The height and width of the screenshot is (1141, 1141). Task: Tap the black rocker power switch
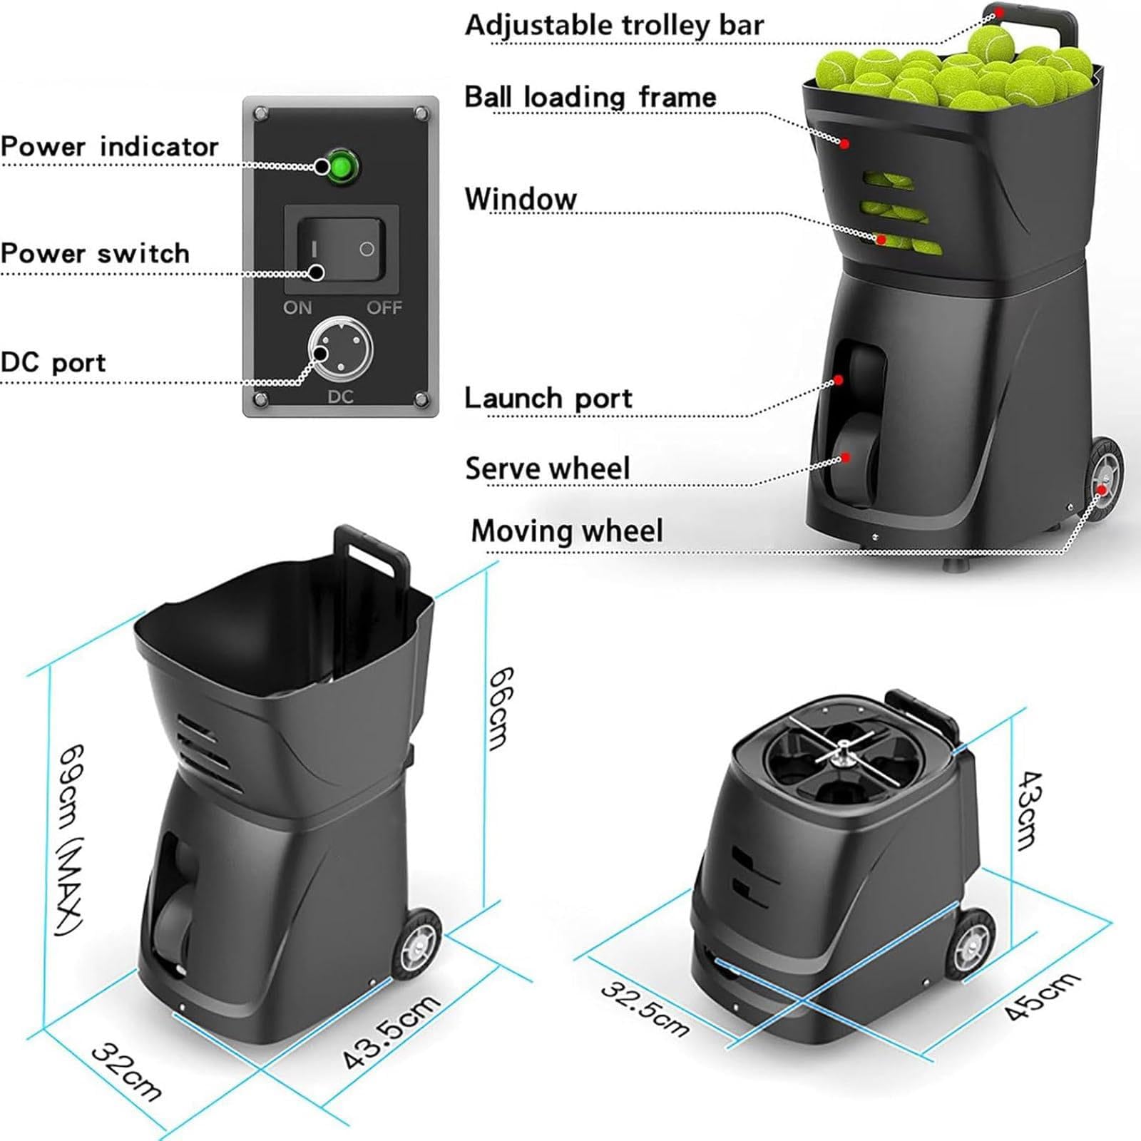[x=341, y=249]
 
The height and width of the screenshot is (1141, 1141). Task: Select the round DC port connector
[x=341, y=349]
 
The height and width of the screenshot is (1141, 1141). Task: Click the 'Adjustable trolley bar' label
[x=614, y=26]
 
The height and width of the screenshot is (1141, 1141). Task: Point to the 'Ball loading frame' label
[x=590, y=97]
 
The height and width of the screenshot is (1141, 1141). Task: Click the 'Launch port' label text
[x=548, y=398]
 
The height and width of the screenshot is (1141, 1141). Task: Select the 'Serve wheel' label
[x=548, y=469]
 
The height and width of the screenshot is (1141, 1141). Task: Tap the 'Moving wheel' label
[x=567, y=531]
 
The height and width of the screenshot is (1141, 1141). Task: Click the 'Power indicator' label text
[x=109, y=146]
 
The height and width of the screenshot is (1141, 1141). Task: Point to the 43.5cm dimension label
[x=392, y=1031]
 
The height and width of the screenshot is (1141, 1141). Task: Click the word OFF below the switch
[x=384, y=307]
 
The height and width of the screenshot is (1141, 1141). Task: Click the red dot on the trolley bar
[x=1000, y=12]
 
